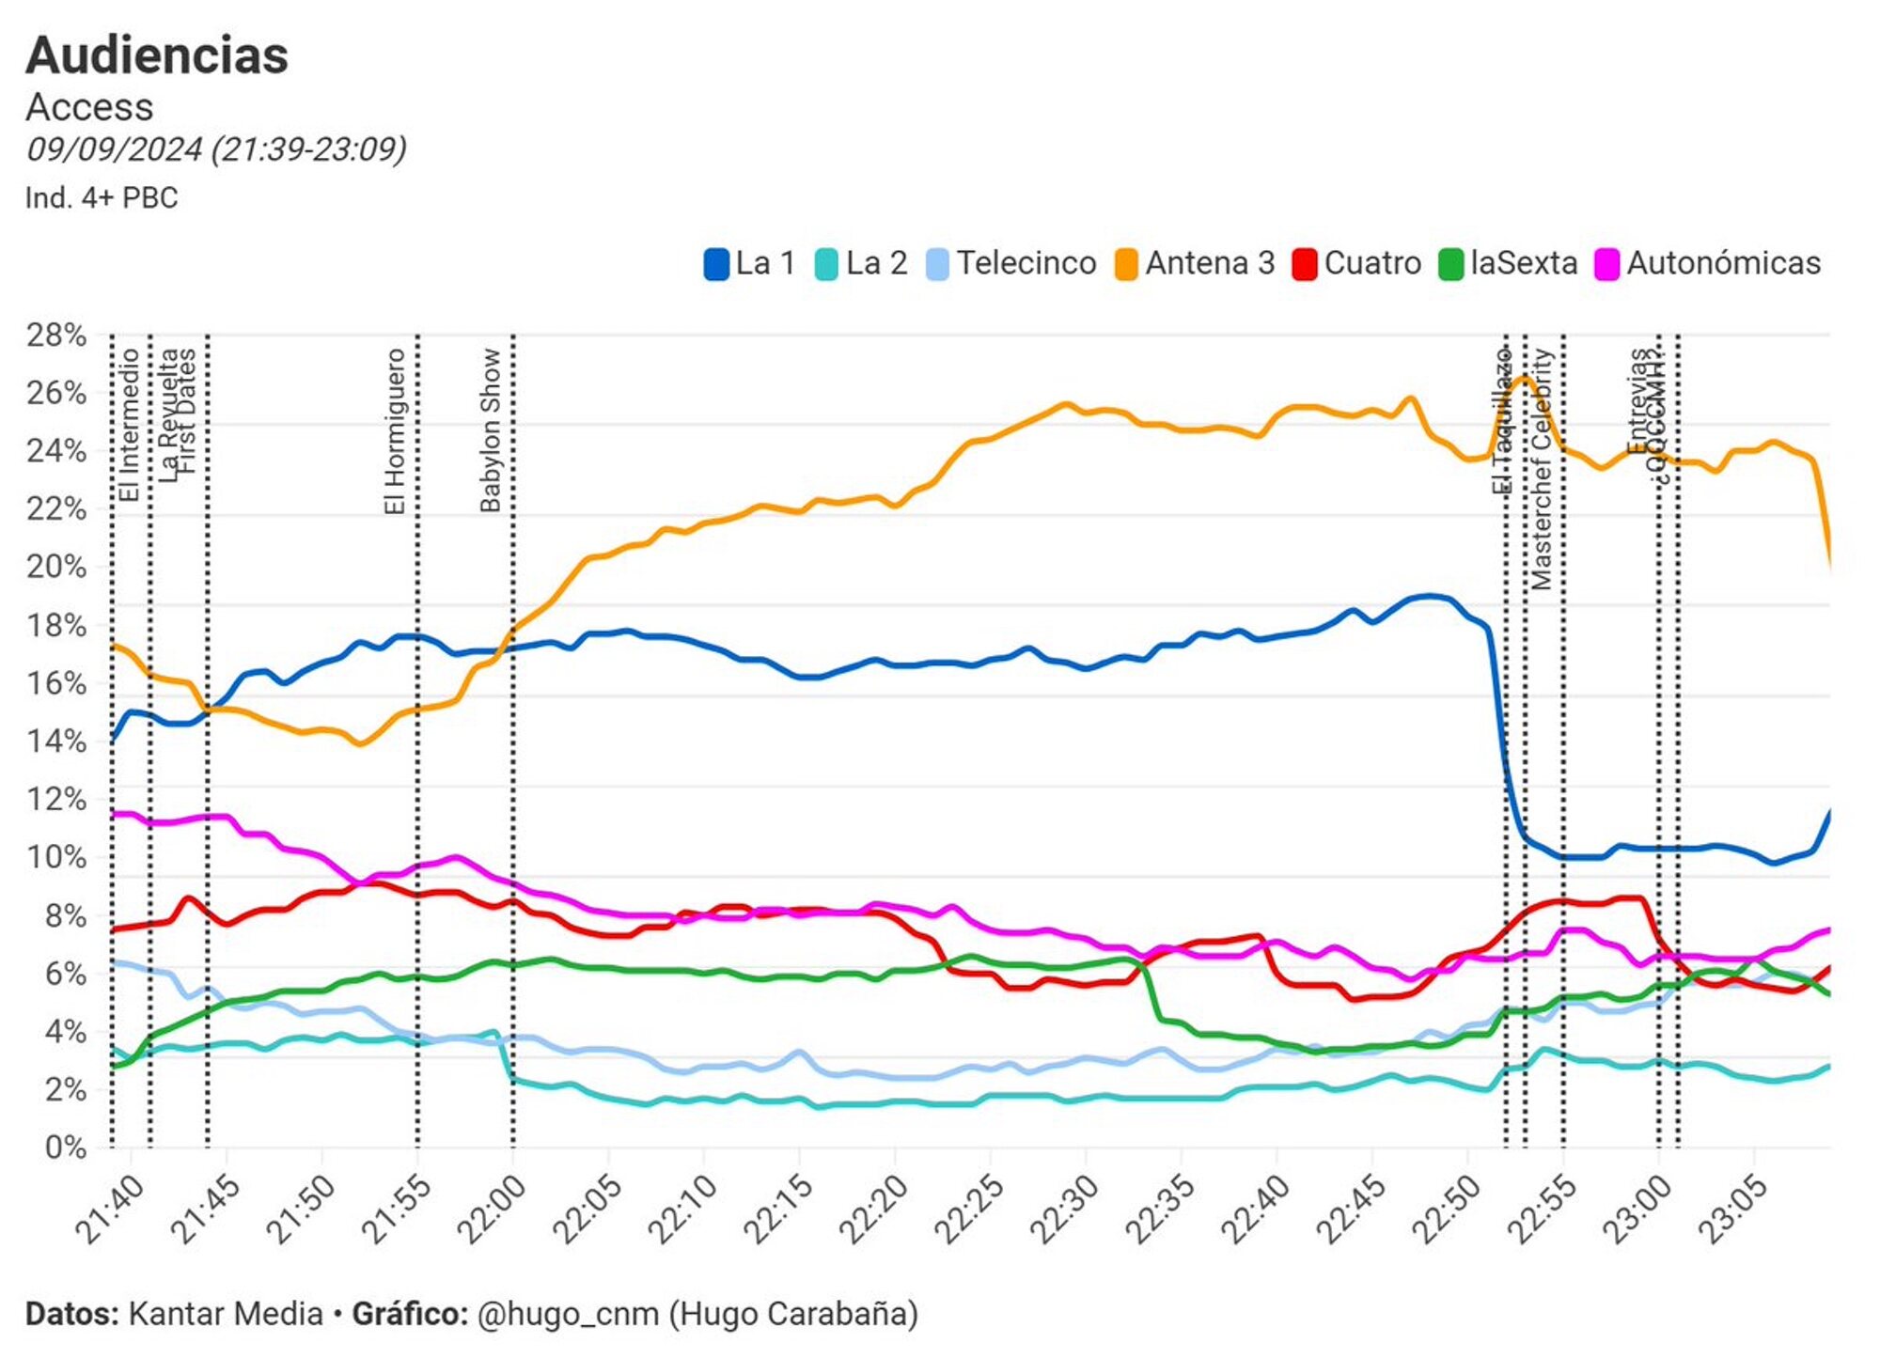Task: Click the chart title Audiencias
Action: pyautogui.click(x=157, y=55)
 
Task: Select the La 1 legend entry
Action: pyautogui.click(x=750, y=263)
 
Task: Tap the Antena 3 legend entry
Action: pyautogui.click(x=1195, y=263)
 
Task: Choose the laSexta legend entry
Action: pyautogui.click(x=1509, y=263)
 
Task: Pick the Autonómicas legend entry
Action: pyautogui.click(x=1709, y=263)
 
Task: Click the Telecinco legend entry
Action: pyautogui.click(x=1012, y=263)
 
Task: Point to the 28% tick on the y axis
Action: pyautogui.click(x=56, y=335)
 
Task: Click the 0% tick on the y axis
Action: pyautogui.click(x=65, y=1147)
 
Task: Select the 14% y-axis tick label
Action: pyautogui.click(x=56, y=741)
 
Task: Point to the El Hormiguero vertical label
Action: pyautogui.click(x=395, y=431)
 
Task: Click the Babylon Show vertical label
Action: pyautogui.click(x=490, y=429)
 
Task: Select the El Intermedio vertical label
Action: pyautogui.click(x=129, y=425)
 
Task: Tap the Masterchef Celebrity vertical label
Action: pyautogui.click(x=1542, y=469)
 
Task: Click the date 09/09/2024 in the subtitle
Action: pyautogui.click(x=114, y=149)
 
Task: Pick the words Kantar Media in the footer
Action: pyautogui.click(x=226, y=1313)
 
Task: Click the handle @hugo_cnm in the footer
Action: pyautogui.click(x=568, y=1313)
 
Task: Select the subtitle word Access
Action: pyautogui.click(x=89, y=107)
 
